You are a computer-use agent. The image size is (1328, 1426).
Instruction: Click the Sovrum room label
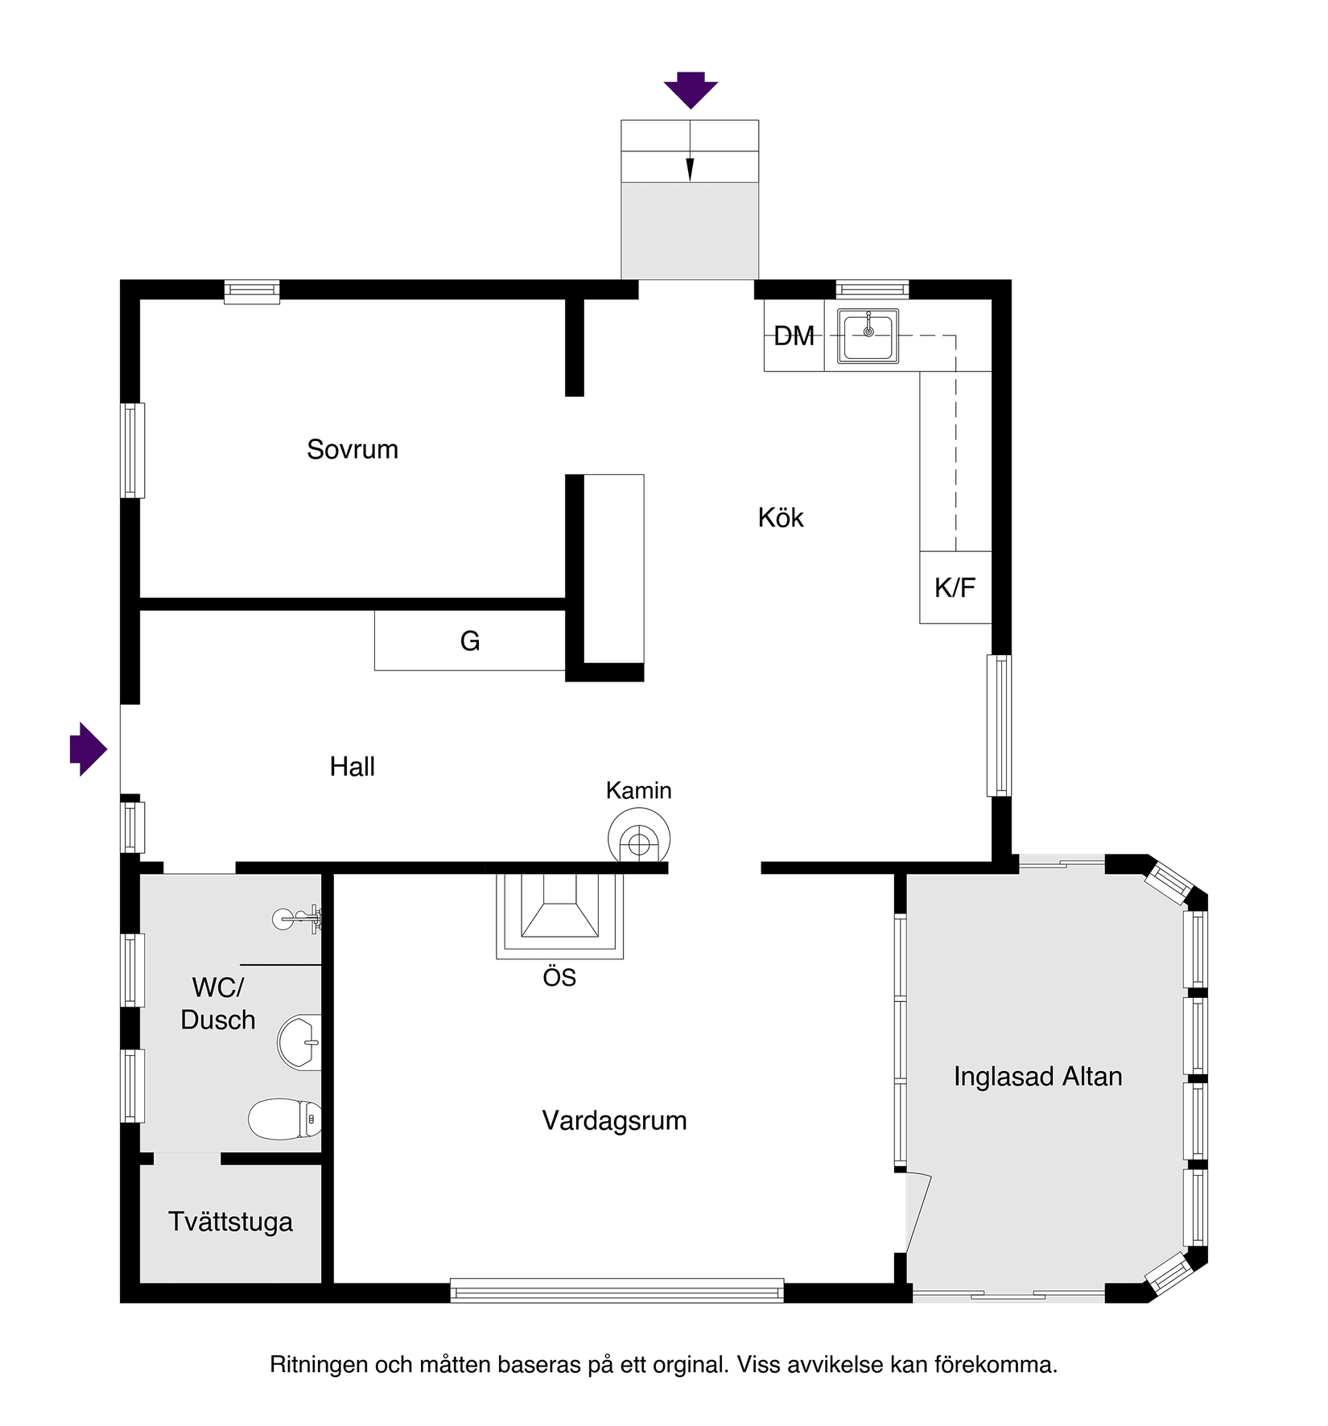pyautogui.click(x=353, y=449)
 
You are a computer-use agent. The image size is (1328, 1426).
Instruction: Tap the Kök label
pyautogui.click(x=781, y=517)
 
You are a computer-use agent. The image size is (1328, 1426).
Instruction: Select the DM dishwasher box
pyautogui.click(x=794, y=336)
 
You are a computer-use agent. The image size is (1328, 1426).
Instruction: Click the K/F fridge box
pyautogui.click(x=955, y=587)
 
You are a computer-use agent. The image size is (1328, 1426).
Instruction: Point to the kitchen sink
pyautogui.click(x=868, y=336)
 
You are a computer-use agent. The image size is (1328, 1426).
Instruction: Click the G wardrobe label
pyautogui.click(x=470, y=641)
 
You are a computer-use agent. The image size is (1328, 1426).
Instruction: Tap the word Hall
pyautogui.click(x=353, y=767)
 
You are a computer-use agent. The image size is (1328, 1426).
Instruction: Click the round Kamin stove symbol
pyautogui.click(x=639, y=841)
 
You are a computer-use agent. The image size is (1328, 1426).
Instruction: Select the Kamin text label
pyautogui.click(x=639, y=790)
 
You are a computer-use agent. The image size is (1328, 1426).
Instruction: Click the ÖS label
pyautogui.click(x=559, y=978)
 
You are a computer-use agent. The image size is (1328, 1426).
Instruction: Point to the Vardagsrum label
pyautogui.click(x=614, y=1120)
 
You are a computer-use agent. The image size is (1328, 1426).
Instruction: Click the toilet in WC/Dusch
pyautogui.click(x=285, y=1119)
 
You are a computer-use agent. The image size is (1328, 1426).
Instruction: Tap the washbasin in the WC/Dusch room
pyautogui.click(x=299, y=1042)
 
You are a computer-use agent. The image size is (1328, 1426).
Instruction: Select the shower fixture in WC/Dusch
pyautogui.click(x=298, y=917)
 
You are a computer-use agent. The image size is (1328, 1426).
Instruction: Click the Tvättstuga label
pyautogui.click(x=230, y=1222)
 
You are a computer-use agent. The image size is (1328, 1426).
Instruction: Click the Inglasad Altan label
pyautogui.click(x=1037, y=1077)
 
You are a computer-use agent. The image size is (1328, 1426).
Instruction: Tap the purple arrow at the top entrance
pyautogui.click(x=691, y=89)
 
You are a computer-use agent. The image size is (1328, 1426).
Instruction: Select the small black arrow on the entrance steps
pyautogui.click(x=690, y=169)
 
